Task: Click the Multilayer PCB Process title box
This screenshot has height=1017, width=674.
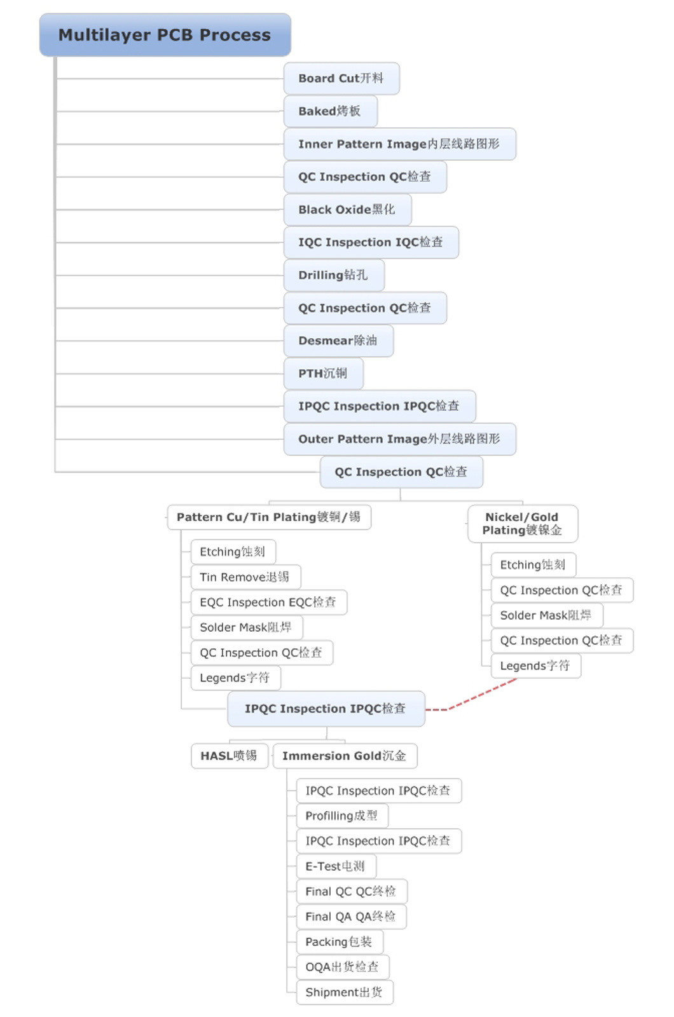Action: coord(165,35)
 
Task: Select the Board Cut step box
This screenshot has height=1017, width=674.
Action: coord(341,79)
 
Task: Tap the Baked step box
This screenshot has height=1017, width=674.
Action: coord(330,111)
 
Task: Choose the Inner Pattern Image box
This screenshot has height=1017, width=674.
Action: coord(400,144)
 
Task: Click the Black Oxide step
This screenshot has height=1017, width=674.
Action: coord(347,210)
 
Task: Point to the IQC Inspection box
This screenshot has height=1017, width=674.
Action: coord(371,242)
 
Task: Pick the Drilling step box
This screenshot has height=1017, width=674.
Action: coord(334,275)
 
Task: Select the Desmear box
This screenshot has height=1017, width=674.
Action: coord(338,341)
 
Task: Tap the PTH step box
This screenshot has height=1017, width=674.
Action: coord(324,374)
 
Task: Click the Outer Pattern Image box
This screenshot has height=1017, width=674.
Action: coord(400,439)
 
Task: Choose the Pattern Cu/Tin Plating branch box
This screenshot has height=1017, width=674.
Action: coord(270,517)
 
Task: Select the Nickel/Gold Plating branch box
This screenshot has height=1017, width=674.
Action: coord(523,524)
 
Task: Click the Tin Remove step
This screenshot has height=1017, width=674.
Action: coord(245,577)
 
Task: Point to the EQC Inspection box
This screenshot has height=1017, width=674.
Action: coord(269,603)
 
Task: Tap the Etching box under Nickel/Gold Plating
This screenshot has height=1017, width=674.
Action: coord(533,565)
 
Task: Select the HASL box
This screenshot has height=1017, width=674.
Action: coord(230,756)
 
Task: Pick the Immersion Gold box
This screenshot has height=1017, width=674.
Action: coord(345,756)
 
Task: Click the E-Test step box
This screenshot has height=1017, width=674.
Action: coord(336,866)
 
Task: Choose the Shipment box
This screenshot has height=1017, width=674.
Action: coord(345,992)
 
